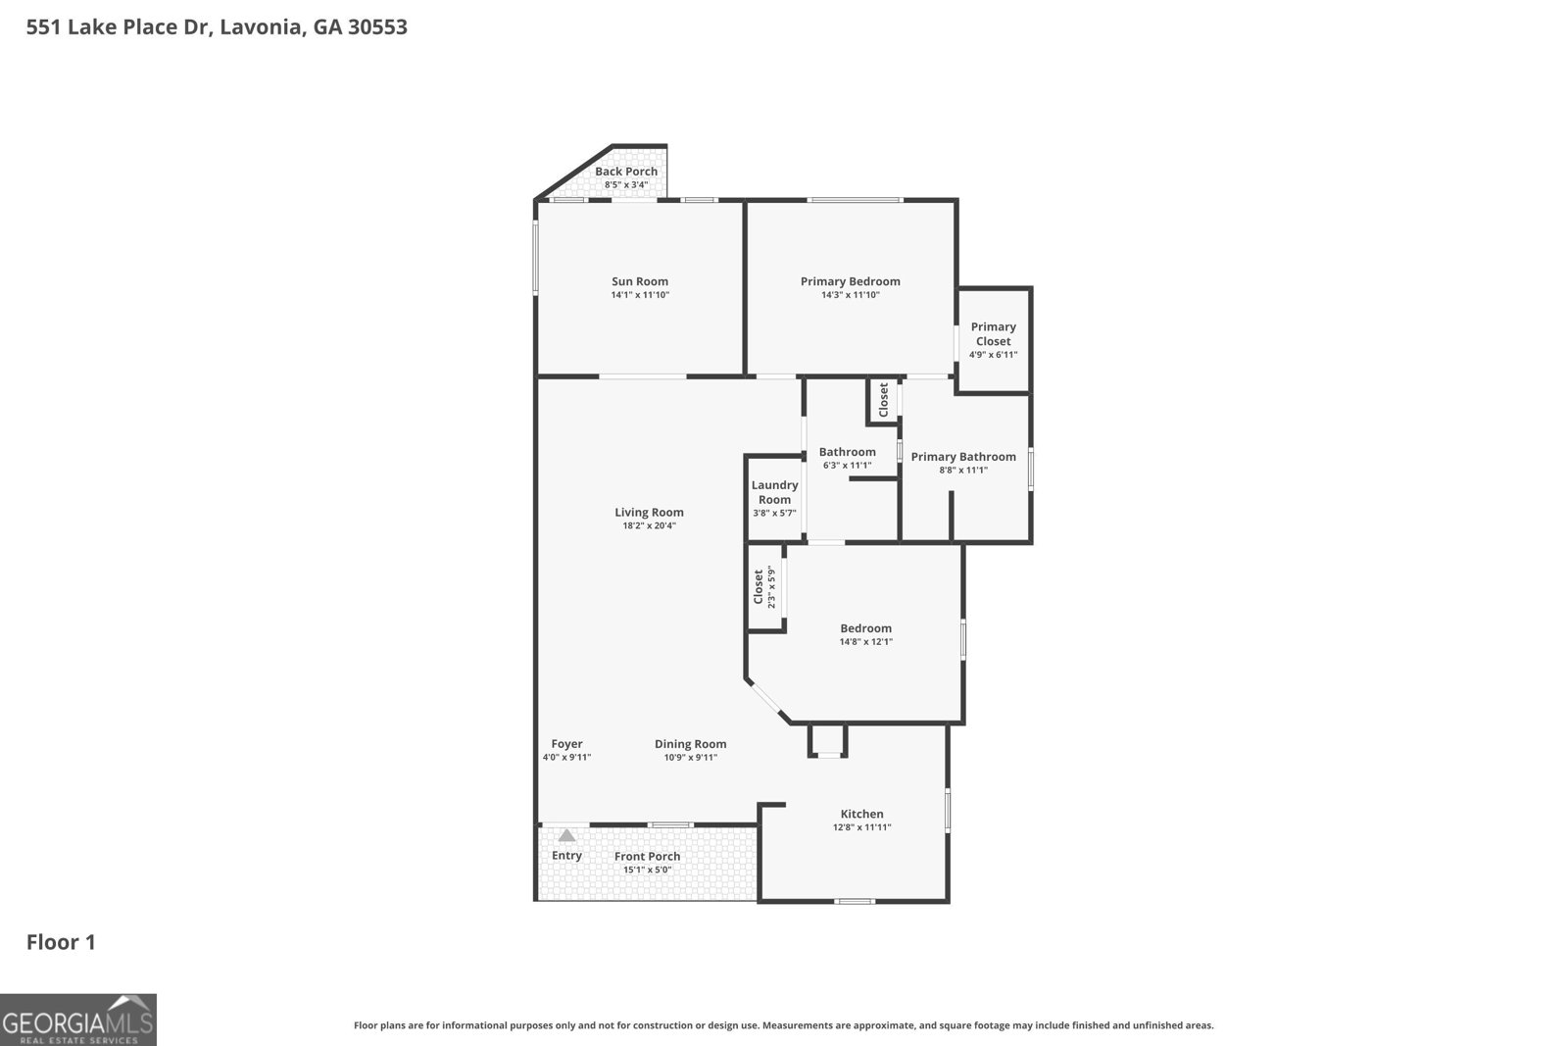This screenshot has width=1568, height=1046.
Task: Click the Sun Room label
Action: point(640,281)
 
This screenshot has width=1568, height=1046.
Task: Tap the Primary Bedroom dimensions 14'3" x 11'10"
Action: point(851,295)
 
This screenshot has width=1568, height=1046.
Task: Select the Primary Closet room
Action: point(993,339)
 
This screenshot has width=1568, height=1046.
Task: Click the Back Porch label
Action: point(626,172)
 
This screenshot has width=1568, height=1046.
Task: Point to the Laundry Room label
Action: point(774,492)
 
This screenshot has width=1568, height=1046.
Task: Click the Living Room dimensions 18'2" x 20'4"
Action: point(649,526)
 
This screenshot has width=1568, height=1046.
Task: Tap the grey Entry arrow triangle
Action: point(566,835)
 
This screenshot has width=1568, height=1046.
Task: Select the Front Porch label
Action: point(647,856)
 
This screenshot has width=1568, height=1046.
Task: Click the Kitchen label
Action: point(861,814)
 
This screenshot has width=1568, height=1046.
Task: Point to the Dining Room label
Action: point(690,744)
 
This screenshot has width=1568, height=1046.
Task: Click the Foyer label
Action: point(566,744)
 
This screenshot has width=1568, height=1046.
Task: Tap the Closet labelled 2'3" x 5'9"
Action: point(763,588)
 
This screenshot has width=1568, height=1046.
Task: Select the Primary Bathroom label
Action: point(962,457)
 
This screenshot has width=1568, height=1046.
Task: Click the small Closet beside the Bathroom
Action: point(883,400)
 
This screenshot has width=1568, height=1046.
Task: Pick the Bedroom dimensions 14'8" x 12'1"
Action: point(865,642)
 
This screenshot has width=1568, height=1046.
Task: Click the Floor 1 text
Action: point(61,943)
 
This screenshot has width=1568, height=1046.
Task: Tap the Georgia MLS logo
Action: point(77,1020)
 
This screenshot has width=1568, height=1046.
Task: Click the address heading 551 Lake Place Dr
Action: point(217,27)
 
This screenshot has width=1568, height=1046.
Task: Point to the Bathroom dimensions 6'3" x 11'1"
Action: point(847,466)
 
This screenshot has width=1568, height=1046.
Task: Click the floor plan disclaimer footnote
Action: point(783,1025)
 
